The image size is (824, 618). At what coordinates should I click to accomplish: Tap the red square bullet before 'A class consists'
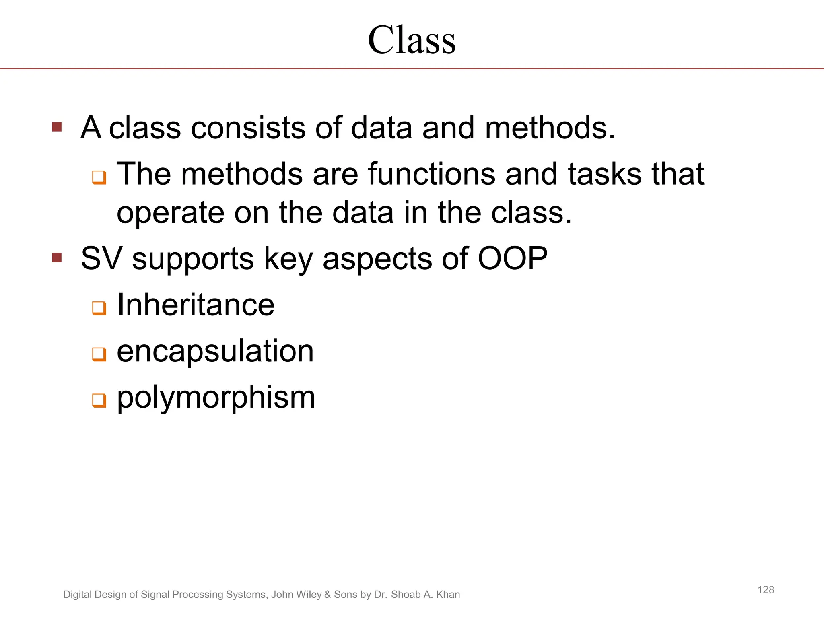pos(57,127)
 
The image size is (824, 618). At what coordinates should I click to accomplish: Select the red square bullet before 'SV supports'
pos(57,257)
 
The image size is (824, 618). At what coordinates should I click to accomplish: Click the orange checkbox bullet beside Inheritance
pos(99,308)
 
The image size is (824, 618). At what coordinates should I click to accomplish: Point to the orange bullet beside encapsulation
pos(99,354)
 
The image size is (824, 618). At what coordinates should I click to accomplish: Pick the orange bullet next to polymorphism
pos(99,400)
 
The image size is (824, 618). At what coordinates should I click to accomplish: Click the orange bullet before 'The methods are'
pos(99,177)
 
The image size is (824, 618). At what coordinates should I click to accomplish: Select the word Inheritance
pos(196,305)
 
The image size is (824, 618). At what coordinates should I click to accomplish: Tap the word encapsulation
pos(215,351)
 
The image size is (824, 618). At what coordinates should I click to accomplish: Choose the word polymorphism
pos(216,398)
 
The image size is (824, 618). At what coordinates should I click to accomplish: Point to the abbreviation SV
pos(101,258)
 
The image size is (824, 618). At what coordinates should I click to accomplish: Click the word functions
pos(431,174)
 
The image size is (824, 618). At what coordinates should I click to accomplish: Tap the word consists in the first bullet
pos(247,128)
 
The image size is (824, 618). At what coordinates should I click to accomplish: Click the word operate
pos(170,213)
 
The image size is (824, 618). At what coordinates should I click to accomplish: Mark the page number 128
pos(766,590)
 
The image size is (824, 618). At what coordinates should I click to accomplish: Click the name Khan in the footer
pos(448,595)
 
